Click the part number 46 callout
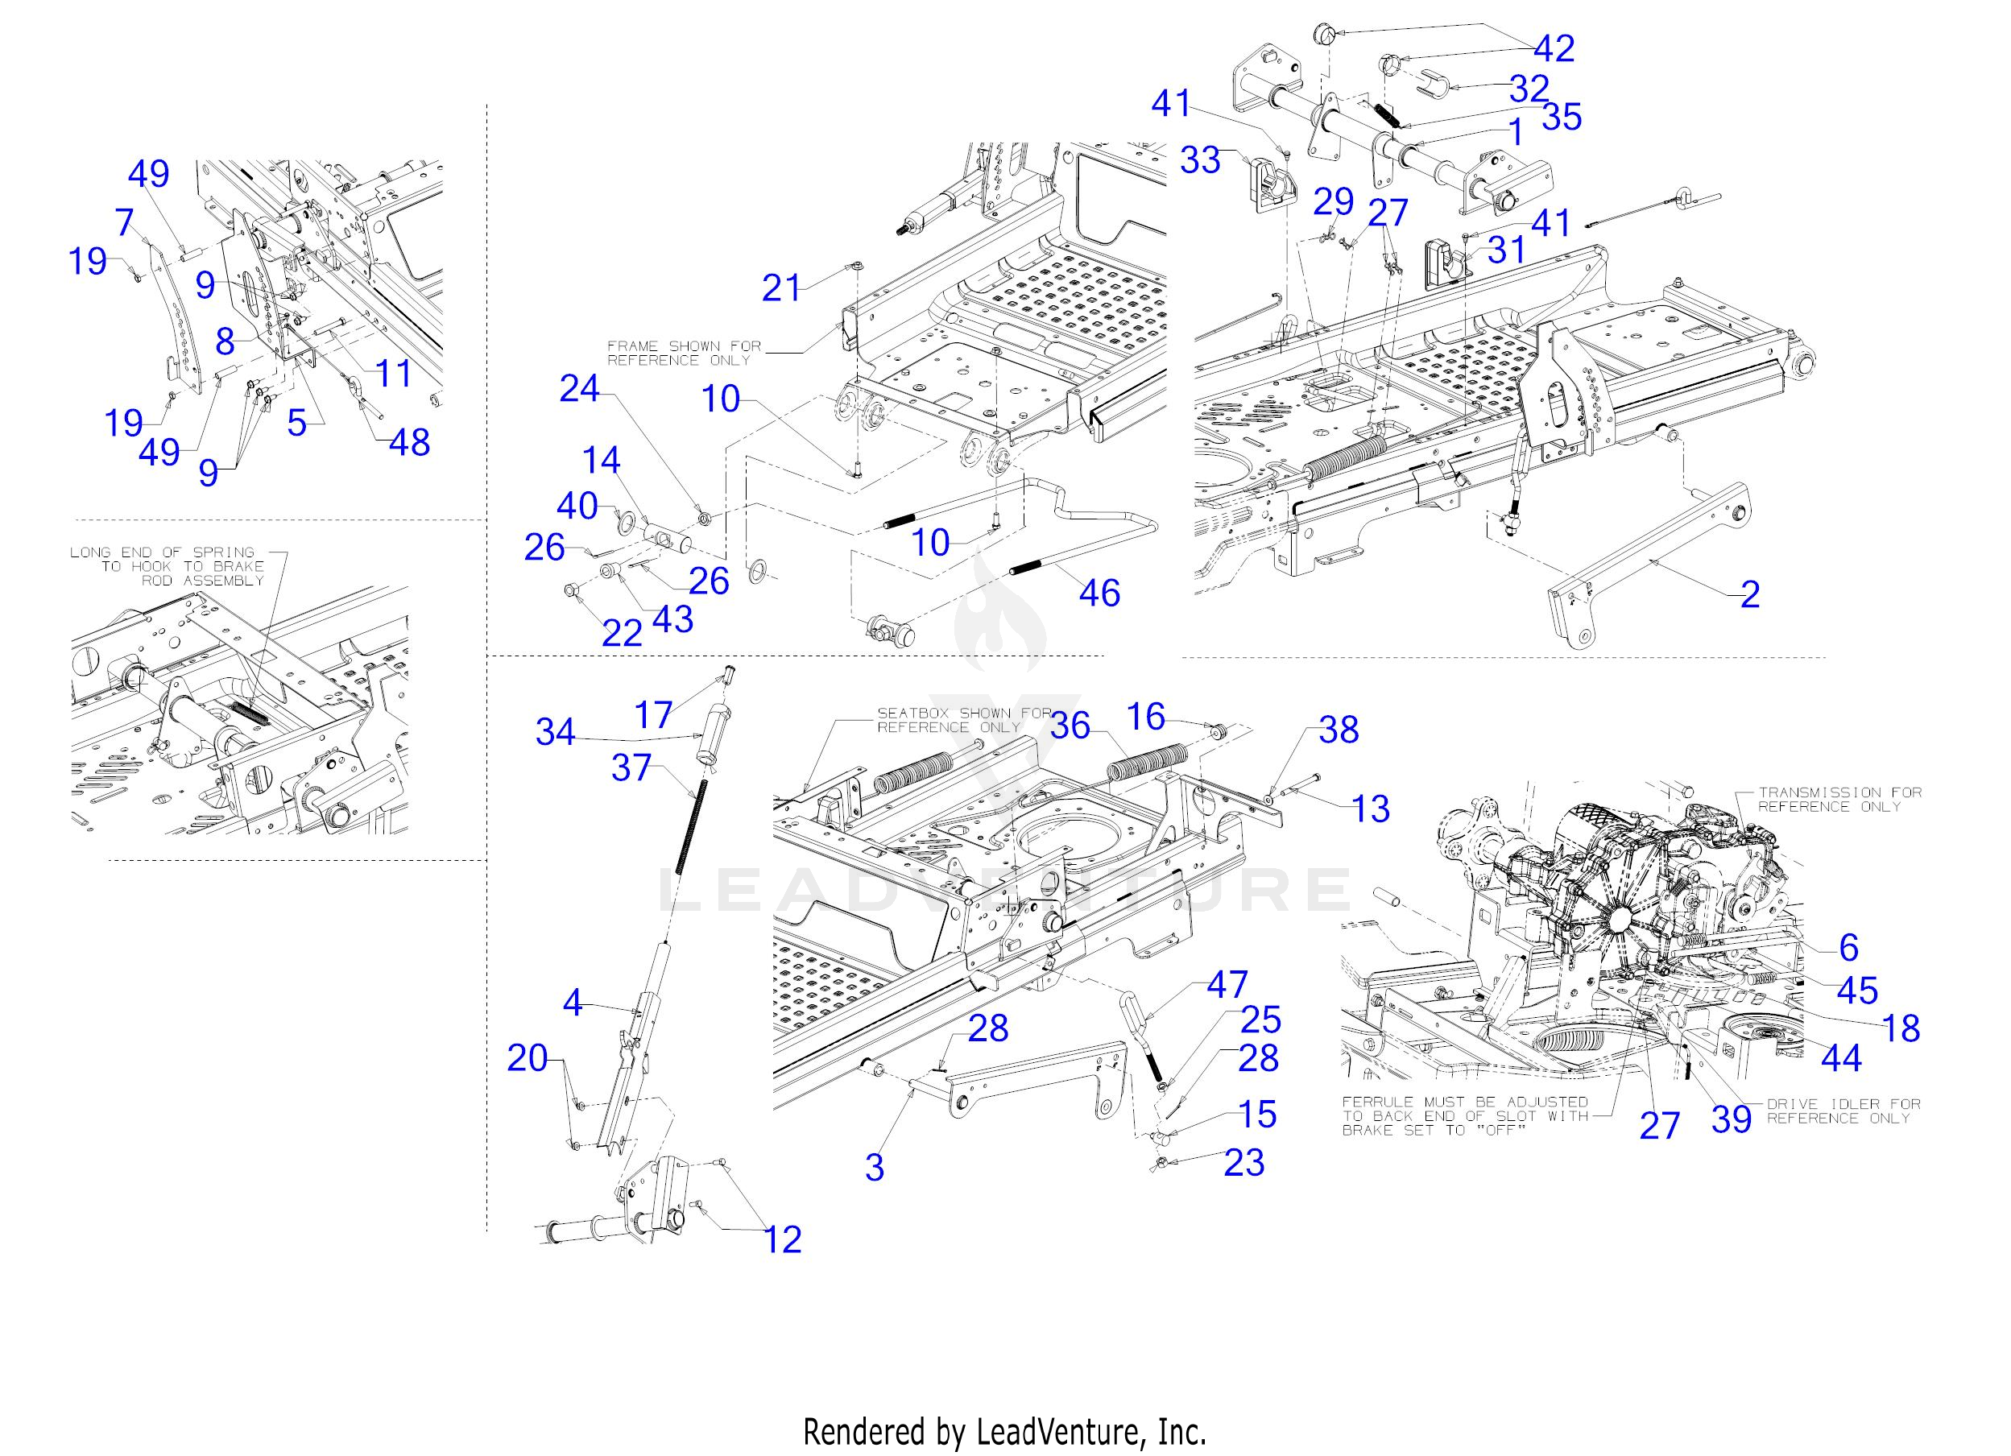1099,593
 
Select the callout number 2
1749,594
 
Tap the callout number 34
555,733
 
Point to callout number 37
631,768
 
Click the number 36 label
1070,726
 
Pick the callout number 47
1227,984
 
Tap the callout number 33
1200,160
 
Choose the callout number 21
781,288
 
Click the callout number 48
410,442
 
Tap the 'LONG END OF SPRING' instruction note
168,565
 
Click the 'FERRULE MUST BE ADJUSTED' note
1465,1115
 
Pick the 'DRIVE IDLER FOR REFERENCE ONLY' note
1843,1111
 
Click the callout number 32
1529,88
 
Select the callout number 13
1370,809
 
